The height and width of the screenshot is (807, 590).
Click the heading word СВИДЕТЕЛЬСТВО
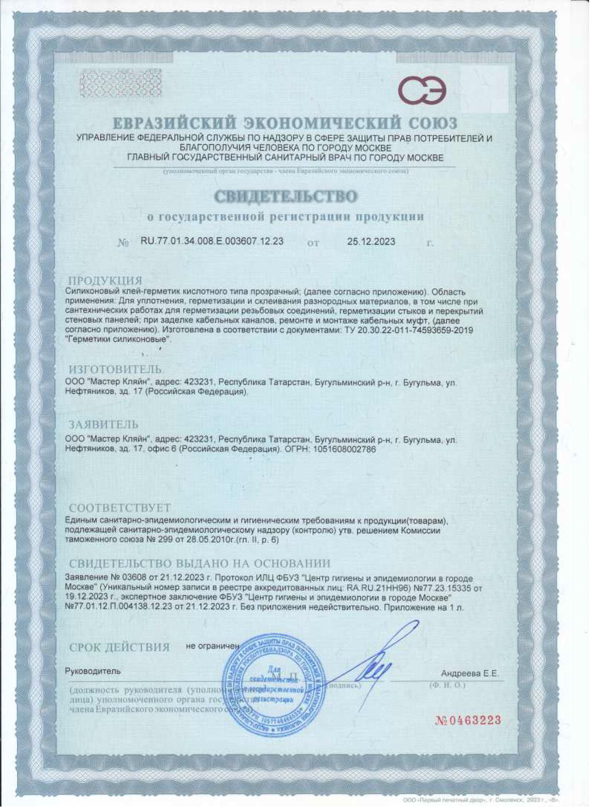tap(285, 196)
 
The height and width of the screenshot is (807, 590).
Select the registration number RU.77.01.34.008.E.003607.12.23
tap(212, 241)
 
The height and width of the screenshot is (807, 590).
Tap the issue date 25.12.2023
tap(371, 241)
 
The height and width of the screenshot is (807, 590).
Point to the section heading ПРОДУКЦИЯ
tap(105, 280)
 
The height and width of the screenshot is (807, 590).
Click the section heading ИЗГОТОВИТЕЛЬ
tap(115, 369)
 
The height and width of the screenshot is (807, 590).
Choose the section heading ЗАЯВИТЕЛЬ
tap(103, 424)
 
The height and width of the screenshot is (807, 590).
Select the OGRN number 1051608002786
tap(345, 449)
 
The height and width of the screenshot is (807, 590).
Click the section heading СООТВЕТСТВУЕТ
tap(120, 508)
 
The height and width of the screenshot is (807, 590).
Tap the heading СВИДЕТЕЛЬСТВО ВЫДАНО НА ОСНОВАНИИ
tap(200, 564)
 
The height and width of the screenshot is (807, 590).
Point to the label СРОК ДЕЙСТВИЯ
tap(119, 647)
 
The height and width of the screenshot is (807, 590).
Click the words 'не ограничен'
tap(213, 646)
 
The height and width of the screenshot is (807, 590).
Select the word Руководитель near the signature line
tap(93, 671)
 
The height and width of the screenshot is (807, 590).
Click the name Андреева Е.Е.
tap(469, 673)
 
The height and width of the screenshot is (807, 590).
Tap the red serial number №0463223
tap(468, 720)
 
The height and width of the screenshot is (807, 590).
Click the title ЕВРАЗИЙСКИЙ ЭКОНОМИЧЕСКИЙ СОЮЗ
tap(285, 124)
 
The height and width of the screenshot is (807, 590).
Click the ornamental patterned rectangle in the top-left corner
tap(120, 83)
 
